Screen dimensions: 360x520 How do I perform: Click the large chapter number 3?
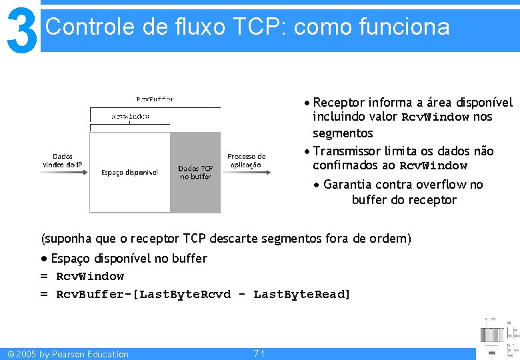click(20, 29)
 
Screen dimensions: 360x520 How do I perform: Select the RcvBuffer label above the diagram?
click(155, 99)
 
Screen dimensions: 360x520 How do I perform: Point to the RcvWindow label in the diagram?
click(131, 116)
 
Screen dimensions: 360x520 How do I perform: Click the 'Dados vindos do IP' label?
click(63, 160)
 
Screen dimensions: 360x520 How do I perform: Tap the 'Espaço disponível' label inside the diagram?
click(129, 173)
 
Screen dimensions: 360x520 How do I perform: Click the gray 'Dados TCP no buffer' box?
click(195, 172)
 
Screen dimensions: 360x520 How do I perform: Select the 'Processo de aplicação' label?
click(246, 160)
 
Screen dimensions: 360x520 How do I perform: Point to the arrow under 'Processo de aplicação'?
click(247, 172)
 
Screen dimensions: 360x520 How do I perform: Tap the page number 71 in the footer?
click(259, 353)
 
